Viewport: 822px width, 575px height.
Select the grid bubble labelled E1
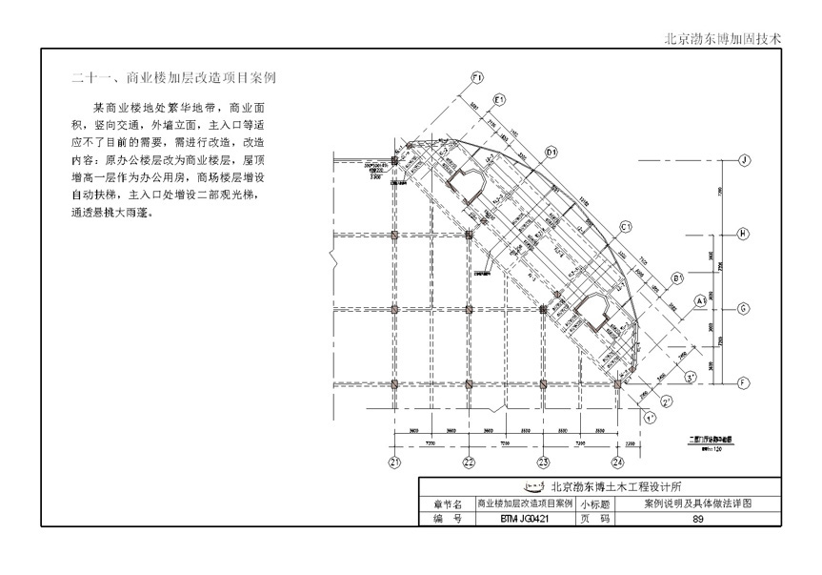pyautogui.click(x=498, y=99)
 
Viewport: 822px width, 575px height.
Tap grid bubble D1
pyautogui.click(x=551, y=152)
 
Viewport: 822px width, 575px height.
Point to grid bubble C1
pyautogui.click(x=626, y=227)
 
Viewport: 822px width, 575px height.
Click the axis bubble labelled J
pyautogui.click(x=746, y=159)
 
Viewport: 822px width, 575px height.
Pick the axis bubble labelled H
pyautogui.click(x=746, y=234)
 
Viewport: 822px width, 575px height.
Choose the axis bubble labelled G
pyautogui.click(x=746, y=308)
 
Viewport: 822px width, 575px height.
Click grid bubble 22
pyautogui.click(x=469, y=462)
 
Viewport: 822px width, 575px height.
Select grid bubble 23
pyautogui.click(x=543, y=462)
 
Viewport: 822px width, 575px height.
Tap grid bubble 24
pyautogui.click(x=618, y=462)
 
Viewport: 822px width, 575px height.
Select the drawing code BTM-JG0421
pyautogui.click(x=525, y=518)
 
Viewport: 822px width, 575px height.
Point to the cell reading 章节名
pyautogui.click(x=447, y=503)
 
